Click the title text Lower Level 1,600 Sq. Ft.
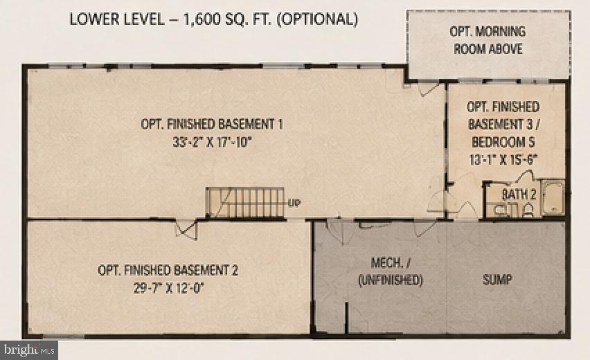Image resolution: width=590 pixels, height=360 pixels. coord(170,19)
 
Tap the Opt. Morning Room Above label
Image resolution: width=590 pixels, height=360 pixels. coord(488,40)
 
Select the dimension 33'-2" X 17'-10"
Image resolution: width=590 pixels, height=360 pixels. coord(212,142)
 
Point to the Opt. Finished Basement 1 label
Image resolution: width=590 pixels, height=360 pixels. coord(212,124)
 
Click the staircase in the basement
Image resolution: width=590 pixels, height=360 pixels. coord(244,203)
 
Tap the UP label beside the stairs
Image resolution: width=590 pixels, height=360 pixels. coord(294,203)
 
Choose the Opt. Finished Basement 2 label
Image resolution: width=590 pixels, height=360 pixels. coord(168,270)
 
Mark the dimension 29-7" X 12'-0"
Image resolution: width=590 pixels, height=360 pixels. coord(168,288)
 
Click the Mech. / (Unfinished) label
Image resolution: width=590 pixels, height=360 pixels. coord(391,271)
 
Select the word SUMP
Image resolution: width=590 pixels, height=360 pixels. coord(497,280)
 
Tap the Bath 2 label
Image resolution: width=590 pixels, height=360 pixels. coord(519,195)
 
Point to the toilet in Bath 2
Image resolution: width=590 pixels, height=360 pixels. coord(528,210)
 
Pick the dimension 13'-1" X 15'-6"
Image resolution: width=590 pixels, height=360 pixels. coord(503,159)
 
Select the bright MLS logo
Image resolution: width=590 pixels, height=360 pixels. coord(29,350)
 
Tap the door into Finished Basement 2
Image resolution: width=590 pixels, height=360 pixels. coord(186,228)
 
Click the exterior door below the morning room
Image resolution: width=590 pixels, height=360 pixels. coord(429,89)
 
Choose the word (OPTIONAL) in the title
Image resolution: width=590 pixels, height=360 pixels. coord(317,19)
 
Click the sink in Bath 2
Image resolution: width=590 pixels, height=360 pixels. coord(500,210)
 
